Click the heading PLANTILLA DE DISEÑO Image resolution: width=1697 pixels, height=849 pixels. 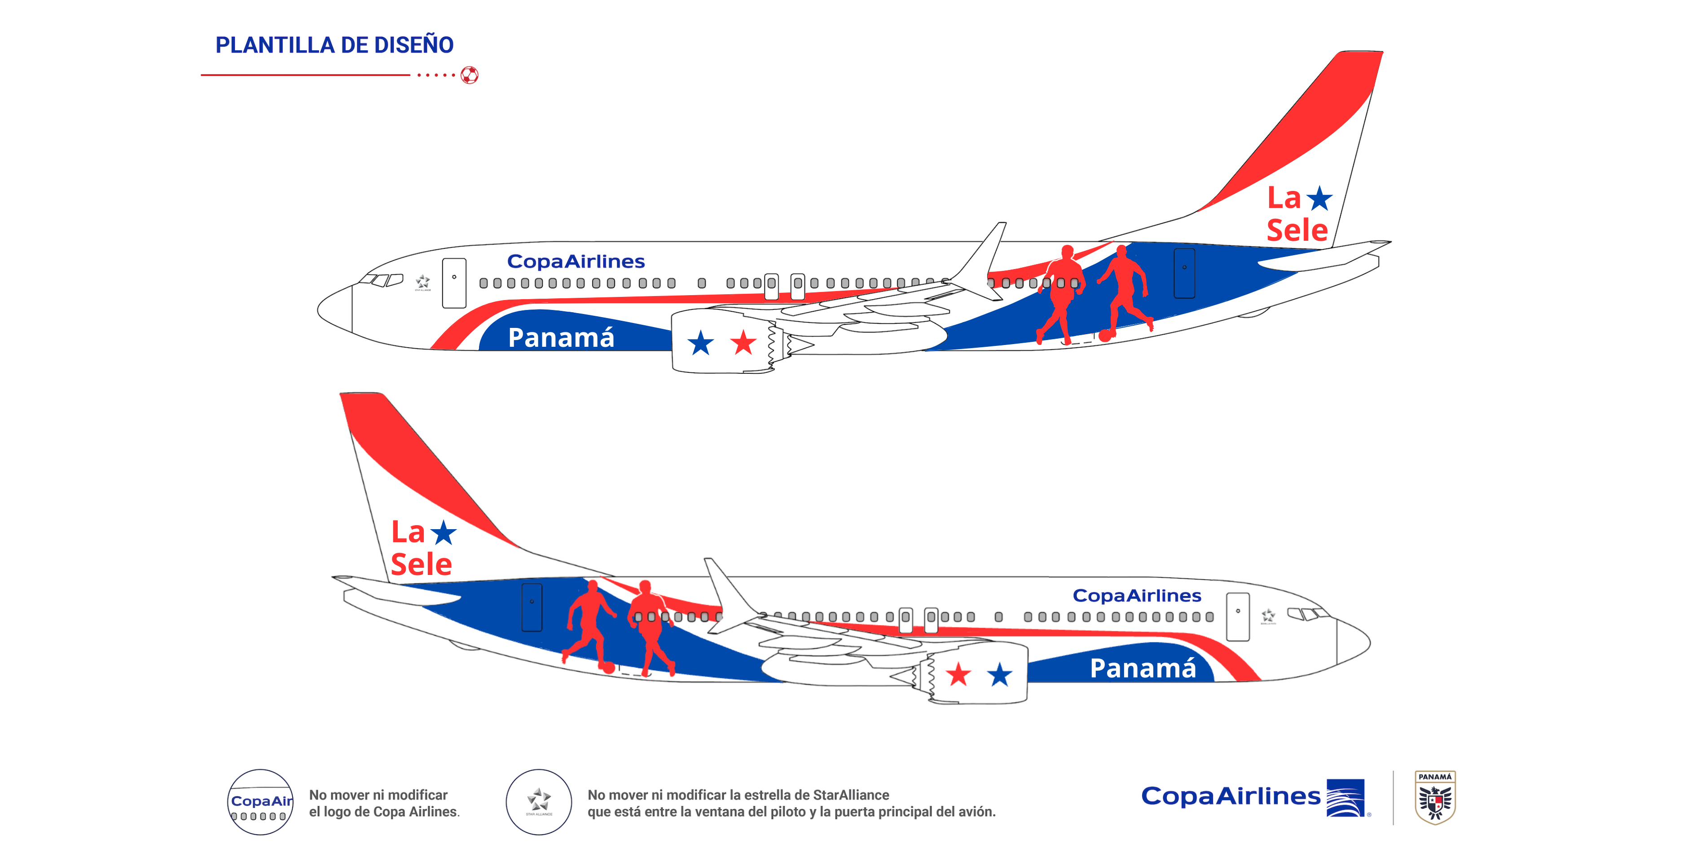tap(334, 45)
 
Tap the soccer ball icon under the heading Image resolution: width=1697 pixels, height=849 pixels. tap(469, 75)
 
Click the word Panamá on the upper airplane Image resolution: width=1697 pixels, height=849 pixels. tap(561, 337)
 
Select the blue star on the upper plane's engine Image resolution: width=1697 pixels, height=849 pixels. tap(700, 343)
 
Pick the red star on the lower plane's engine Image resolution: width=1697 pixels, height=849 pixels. tap(958, 674)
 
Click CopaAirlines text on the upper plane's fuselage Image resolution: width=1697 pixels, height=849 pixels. tap(576, 262)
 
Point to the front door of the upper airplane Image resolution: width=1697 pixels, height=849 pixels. tap(454, 283)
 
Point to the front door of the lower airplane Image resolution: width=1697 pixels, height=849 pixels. tap(1237, 616)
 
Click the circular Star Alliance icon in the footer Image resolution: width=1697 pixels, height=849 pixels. tap(538, 801)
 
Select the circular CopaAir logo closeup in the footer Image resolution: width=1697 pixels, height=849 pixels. tap(260, 801)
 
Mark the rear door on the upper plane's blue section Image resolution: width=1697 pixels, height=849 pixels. tap(1184, 273)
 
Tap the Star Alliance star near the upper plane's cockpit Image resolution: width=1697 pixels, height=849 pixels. tap(422, 282)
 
